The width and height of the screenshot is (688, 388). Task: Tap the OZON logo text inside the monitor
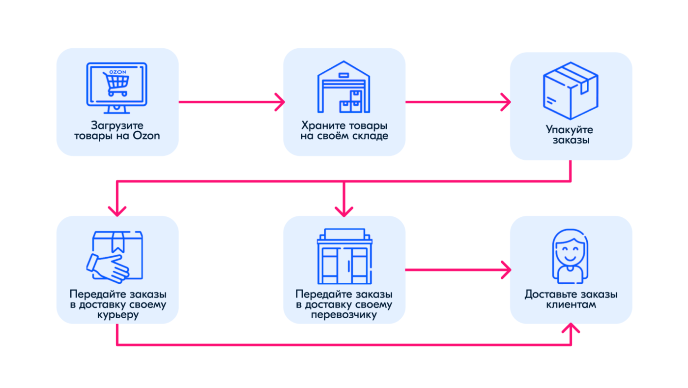[117, 72]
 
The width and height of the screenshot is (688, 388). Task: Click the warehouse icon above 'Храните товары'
[344, 87]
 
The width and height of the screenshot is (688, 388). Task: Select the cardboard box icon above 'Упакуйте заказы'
[571, 90]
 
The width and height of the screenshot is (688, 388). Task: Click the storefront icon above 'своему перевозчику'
[344, 256]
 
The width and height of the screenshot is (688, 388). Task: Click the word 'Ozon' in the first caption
[146, 136]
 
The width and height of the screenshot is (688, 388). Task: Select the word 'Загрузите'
[117, 125]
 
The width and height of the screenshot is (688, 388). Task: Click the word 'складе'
[370, 136]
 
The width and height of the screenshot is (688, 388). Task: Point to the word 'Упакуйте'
[570, 130]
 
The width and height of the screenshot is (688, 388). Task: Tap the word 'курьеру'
[118, 315]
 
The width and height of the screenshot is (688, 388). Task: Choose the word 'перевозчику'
[344, 315]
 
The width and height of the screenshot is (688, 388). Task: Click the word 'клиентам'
[571, 304]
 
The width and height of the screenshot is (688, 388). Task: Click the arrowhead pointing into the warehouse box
[280, 102]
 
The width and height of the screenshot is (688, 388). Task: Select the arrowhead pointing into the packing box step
[506, 102]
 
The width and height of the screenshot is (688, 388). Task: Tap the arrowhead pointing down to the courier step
[117, 211]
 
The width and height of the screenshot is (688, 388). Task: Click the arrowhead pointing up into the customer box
[571, 328]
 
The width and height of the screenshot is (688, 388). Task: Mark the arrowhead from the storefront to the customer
[506, 269]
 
